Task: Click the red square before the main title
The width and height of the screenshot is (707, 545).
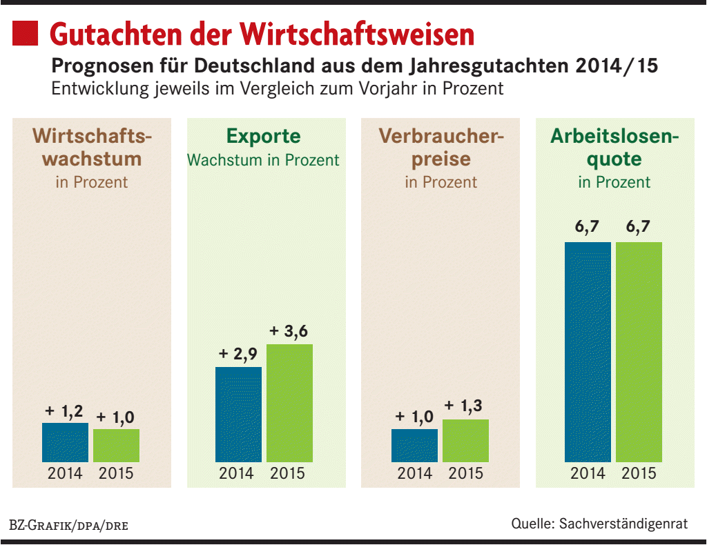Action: [26, 32]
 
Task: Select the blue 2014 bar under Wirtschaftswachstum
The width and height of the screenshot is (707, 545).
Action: [65, 442]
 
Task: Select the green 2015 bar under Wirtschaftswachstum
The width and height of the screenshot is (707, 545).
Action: [116, 446]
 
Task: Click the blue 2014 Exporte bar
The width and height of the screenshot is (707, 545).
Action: [238, 415]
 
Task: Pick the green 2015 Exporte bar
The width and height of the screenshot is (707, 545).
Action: [289, 403]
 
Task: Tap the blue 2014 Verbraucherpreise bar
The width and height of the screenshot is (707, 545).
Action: [414, 446]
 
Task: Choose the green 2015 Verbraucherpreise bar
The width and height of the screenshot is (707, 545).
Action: [465, 441]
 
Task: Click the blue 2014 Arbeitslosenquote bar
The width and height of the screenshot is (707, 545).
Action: [588, 352]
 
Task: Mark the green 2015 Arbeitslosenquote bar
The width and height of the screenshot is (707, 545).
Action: [639, 352]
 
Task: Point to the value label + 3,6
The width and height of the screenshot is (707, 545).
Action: [289, 332]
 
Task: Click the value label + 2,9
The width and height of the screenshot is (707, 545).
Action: [238, 355]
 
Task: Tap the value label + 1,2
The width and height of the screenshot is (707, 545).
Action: [64, 411]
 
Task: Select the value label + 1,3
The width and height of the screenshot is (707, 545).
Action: [465, 407]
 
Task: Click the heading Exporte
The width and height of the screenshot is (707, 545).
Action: [264, 135]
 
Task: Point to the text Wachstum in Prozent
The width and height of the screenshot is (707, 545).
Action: [264, 160]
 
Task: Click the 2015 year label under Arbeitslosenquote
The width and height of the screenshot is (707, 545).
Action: [639, 474]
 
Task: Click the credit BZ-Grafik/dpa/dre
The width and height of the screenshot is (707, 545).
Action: [68, 525]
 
